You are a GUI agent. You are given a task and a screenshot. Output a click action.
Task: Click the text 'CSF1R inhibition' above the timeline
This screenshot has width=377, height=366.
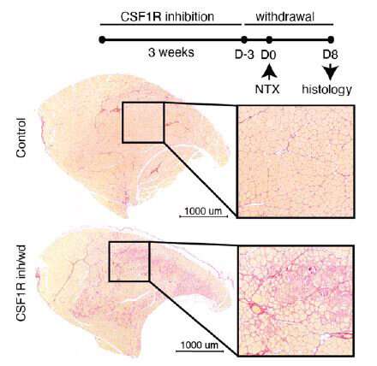[167, 16]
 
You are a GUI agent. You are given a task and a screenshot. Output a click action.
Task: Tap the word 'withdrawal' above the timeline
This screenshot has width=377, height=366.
[285, 16]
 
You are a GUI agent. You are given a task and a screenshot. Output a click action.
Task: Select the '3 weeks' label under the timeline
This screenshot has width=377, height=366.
[171, 52]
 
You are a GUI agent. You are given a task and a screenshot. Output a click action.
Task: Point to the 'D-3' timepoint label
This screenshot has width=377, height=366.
[244, 55]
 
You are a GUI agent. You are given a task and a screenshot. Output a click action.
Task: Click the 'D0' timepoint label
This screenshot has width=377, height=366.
[268, 55]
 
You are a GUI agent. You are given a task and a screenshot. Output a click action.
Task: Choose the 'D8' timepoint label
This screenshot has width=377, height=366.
[330, 55]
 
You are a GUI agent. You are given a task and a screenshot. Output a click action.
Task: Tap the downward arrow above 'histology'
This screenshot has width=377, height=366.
[331, 72]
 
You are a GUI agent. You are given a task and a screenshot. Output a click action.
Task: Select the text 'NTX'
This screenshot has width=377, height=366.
[267, 90]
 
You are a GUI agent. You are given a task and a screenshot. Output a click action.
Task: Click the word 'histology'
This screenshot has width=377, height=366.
[327, 90]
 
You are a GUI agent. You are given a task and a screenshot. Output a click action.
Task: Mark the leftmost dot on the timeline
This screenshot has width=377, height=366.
[102, 39]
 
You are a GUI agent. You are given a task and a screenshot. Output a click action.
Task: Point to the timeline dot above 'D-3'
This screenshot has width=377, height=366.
[244, 39]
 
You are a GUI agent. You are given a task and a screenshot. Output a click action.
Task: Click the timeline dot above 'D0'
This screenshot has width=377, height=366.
[269, 39]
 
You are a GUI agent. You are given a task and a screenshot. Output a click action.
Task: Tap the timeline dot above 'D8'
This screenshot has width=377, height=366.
[331, 39]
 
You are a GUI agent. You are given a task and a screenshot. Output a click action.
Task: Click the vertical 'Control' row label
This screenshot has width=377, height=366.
[21, 138]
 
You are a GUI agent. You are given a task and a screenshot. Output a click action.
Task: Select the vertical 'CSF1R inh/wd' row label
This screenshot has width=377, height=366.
[21, 283]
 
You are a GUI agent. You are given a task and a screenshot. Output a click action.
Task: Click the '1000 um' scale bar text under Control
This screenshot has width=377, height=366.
[203, 211]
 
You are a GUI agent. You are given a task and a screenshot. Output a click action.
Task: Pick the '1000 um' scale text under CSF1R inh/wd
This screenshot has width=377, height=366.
[200, 345]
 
